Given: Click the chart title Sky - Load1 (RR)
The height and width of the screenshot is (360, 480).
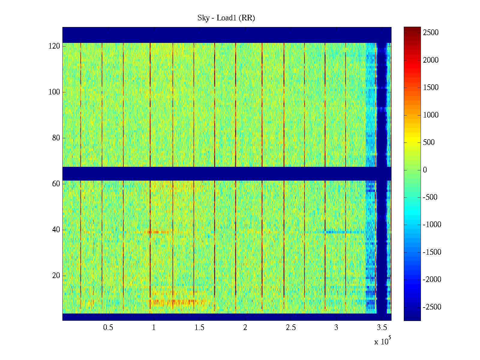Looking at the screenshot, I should (x=226, y=18).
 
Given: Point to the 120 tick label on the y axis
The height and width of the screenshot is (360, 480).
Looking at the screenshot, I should (x=54, y=46).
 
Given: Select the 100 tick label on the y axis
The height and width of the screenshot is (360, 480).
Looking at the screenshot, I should (x=54, y=92).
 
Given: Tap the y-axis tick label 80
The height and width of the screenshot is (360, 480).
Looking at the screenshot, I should (x=56, y=138).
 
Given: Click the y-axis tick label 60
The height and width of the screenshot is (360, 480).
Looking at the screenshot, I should (x=56, y=184).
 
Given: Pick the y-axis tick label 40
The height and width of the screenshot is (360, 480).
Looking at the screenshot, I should (x=56, y=230).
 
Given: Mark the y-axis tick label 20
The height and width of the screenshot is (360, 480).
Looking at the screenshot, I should (x=56, y=276).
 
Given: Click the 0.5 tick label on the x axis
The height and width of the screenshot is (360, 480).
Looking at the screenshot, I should (x=108, y=328).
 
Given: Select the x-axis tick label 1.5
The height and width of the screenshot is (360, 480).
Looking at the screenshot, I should (x=199, y=328).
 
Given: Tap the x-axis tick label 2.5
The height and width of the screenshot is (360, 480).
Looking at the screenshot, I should (x=290, y=328).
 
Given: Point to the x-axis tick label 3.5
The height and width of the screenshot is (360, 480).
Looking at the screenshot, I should (x=382, y=328).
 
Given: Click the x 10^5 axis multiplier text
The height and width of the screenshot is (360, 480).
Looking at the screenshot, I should (x=382, y=341).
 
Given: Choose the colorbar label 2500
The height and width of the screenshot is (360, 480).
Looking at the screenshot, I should (x=431, y=33).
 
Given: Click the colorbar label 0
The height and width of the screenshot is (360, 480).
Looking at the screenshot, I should (x=425, y=170).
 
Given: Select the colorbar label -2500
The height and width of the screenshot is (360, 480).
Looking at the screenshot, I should (x=432, y=307).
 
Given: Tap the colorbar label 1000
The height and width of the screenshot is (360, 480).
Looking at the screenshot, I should (x=431, y=115).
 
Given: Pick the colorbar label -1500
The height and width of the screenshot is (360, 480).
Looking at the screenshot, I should (x=432, y=252).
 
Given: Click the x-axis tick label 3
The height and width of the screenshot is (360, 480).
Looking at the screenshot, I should (x=336, y=328).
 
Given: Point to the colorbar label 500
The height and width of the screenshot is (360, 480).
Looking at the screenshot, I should (x=429, y=142).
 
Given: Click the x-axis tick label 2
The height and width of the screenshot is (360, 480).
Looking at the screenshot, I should (x=245, y=328).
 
